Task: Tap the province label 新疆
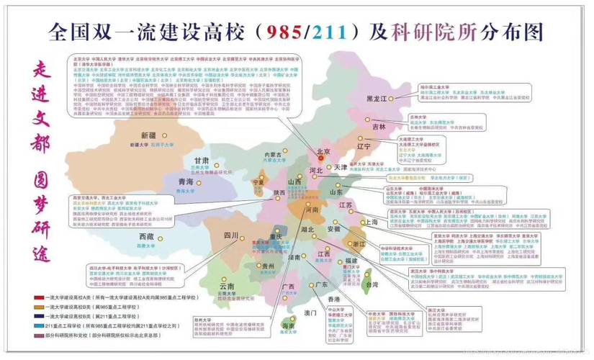click(x=149, y=135)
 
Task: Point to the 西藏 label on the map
click(x=146, y=236)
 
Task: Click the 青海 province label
click(x=186, y=183)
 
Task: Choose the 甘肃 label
click(x=202, y=161)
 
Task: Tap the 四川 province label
click(x=230, y=235)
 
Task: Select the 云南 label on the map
click(x=227, y=287)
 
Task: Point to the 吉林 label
click(x=379, y=127)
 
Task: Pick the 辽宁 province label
click(x=364, y=146)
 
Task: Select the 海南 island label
click(x=287, y=326)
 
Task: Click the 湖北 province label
click(x=307, y=229)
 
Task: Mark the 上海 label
click(x=372, y=222)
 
